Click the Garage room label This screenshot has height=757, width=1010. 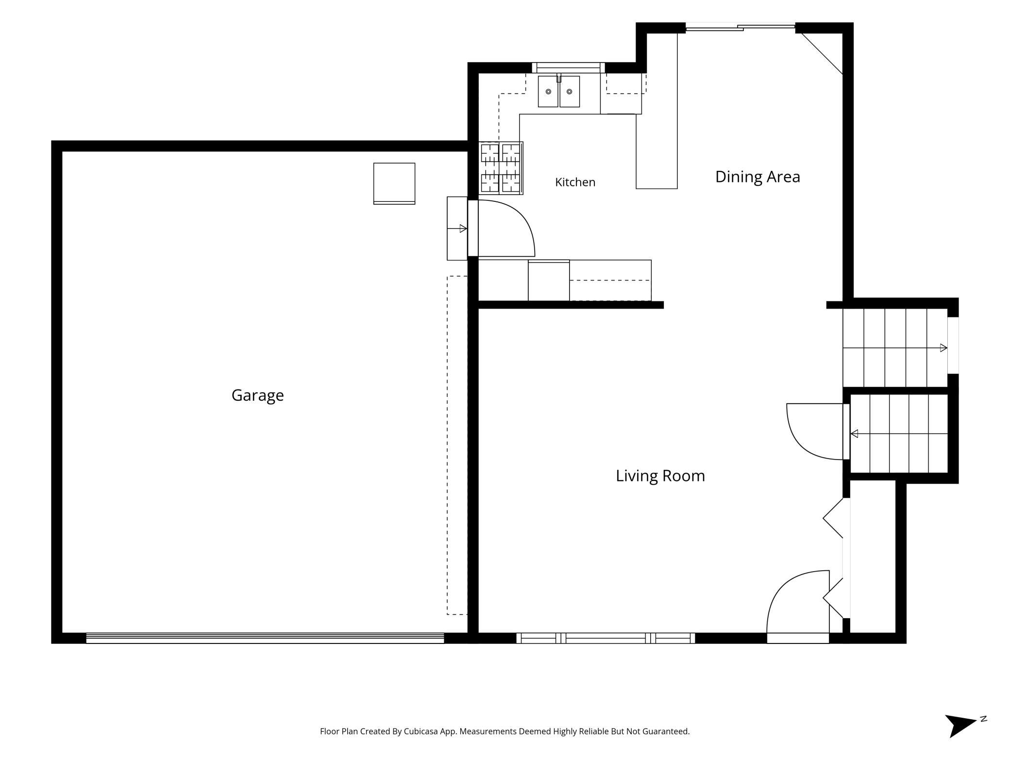(257, 395)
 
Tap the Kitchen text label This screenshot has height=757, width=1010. (575, 182)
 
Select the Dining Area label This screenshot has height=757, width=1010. (757, 177)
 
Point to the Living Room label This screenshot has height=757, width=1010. (660, 476)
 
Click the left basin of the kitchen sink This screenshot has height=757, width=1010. (548, 91)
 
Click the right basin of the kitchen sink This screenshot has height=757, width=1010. (570, 91)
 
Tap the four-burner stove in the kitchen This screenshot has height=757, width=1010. (501, 168)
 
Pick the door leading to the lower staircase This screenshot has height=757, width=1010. (815, 431)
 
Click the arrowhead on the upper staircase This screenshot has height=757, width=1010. (943, 348)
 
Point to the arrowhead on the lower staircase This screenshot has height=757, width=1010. (854, 434)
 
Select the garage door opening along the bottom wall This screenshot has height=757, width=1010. (265, 638)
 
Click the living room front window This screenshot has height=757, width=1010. (606, 638)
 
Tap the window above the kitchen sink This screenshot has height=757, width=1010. (568, 67)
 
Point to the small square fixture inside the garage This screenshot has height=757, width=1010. (394, 183)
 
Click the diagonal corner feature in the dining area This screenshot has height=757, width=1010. (822, 54)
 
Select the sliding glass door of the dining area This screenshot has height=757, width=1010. (741, 27)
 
